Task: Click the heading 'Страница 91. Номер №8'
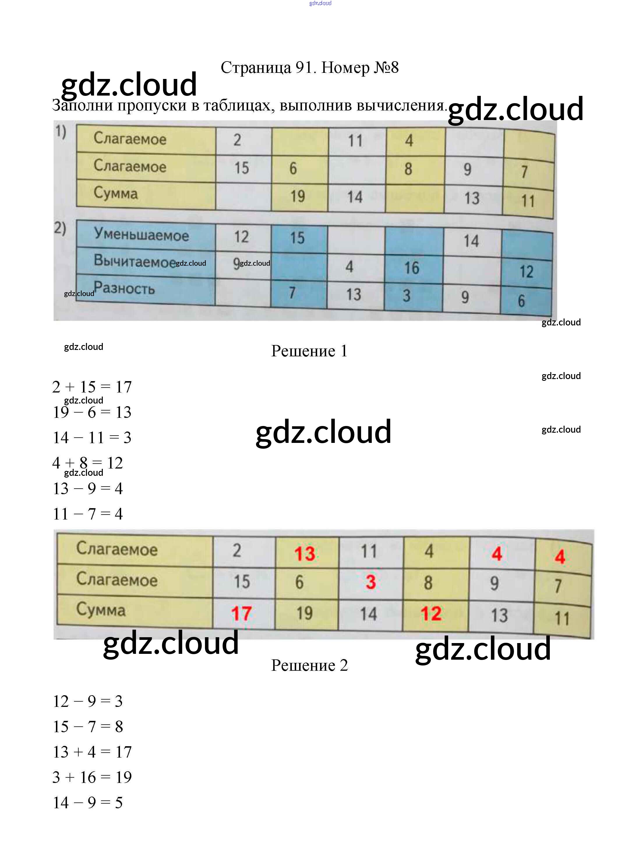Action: click(x=310, y=68)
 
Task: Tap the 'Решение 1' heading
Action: click(x=309, y=351)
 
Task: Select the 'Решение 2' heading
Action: click(x=309, y=665)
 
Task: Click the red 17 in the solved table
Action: click(x=241, y=614)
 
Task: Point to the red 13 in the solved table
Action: click(x=305, y=554)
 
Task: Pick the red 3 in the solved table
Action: click(x=370, y=582)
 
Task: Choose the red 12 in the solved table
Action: click(x=431, y=614)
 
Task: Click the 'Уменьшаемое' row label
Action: click(x=141, y=235)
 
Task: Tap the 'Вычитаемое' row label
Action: click(x=135, y=261)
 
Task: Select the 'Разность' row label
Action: click(x=124, y=288)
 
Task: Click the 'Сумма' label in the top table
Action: click(x=116, y=193)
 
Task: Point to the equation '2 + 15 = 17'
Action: click(x=92, y=387)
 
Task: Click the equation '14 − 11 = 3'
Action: click(x=92, y=438)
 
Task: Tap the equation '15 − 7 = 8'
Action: click(x=88, y=727)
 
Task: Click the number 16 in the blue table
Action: click(x=412, y=268)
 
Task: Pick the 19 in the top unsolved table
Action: click(x=298, y=196)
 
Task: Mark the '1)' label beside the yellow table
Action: click(x=61, y=132)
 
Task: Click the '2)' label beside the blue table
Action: click(x=60, y=228)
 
